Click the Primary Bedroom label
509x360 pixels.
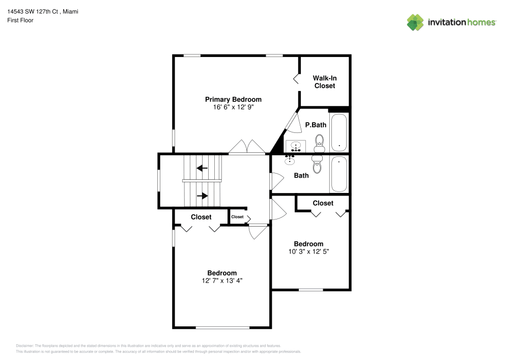[x=233, y=99]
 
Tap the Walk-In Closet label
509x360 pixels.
[x=324, y=82]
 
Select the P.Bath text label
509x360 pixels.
[x=316, y=125]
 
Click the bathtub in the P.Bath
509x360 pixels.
[x=339, y=132]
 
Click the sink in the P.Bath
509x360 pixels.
[x=295, y=146]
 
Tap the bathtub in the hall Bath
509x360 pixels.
[x=339, y=174]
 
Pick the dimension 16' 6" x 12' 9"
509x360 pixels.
[x=233, y=107]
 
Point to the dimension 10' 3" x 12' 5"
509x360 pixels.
[x=308, y=252]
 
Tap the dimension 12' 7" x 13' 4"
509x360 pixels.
[x=221, y=281]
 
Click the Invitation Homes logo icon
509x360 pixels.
[x=415, y=22]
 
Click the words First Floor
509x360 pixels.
[x=20, y=20]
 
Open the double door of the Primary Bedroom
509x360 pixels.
[x=247, y=148]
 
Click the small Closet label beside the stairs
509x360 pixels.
[x=237, y=217]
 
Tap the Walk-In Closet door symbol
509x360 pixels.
[x=296, y=79]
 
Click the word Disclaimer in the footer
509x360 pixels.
[x=25, y=345]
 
